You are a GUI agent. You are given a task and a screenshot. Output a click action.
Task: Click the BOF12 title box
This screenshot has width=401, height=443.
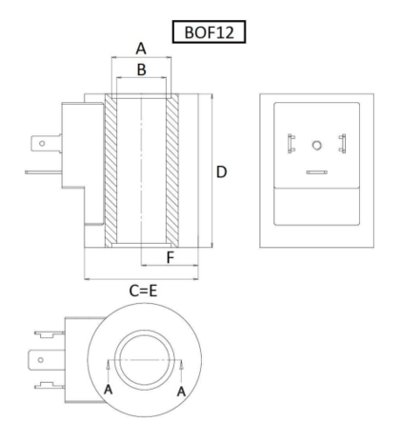click(209, 31)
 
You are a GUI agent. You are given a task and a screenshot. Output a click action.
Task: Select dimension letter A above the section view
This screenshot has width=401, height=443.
click(141, 49)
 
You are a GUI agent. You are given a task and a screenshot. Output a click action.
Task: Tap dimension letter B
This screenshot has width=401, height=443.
click(142, 70)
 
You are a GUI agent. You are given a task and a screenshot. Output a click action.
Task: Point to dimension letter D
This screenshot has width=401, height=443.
click(221, 172)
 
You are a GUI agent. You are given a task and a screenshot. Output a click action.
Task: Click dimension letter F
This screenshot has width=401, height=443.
click(170, 257)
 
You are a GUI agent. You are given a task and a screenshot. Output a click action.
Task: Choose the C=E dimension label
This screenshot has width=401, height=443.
click(143, 291)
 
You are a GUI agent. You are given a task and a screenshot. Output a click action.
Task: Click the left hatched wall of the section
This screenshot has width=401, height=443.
click(110, 171)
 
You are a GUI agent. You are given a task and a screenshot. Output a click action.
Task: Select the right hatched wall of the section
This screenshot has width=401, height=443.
click(172, 171)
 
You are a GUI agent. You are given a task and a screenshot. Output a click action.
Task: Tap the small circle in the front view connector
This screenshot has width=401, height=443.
click(316, 145)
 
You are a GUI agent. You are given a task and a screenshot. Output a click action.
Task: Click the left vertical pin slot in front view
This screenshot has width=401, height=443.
click(291, 144)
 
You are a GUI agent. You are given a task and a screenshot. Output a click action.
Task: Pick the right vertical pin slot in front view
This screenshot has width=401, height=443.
click(342, 144)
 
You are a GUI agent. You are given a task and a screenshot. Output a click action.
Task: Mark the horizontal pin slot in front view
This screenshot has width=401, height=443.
click(317, 172)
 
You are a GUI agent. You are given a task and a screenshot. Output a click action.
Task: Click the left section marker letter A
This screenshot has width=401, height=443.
click(109, 390)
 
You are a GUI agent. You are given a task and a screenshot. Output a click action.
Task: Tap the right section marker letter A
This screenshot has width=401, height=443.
click(181, 392)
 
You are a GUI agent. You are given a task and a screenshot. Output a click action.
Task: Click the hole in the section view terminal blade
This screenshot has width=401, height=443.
click(42, 144)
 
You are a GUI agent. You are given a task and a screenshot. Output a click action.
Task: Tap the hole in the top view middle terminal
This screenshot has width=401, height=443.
click(41, 360)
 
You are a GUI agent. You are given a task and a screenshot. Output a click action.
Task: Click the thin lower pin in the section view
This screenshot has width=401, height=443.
click(44, 172)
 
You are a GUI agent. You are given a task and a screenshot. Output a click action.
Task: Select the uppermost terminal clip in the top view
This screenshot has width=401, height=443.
click(50, 333)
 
